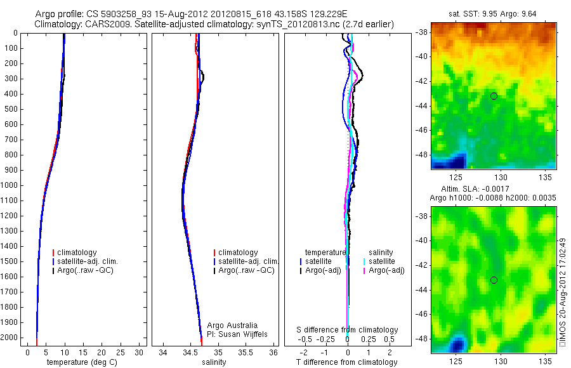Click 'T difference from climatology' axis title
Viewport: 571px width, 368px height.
pyautogui.click(x=347, y=362)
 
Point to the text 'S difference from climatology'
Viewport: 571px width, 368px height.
pyautogui.click(x=347, y=330)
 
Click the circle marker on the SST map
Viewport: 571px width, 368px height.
pyautogui.click(x=494, y=96)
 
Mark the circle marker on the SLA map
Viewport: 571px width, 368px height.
pyautogui.click(x=494, y=280)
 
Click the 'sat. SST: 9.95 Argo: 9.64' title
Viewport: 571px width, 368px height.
pyautogui.click(x=494, y=13)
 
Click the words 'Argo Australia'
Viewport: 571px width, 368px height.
pyautogui.click(x=232, y=325)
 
